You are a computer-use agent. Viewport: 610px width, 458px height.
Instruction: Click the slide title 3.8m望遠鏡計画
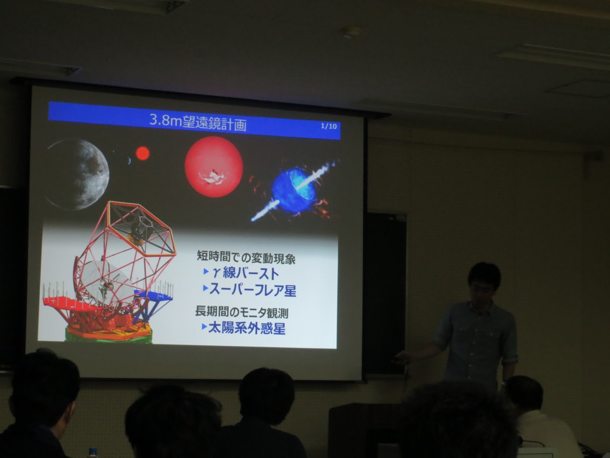[198, 122]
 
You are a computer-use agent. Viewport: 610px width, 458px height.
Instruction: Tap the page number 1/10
[329, 126]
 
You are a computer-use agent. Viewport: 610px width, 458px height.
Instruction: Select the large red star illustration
[214, 166]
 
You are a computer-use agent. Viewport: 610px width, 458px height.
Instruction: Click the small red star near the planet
[143, 153]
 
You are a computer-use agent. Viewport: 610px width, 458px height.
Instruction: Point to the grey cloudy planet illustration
[78, 174]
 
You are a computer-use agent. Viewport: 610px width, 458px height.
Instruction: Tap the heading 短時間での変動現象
[246, 257]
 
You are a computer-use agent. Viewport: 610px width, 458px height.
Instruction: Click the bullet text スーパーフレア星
[253, 290]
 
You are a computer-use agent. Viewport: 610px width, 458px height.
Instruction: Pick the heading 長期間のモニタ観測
[242, 312]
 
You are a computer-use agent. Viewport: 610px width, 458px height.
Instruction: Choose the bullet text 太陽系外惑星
[247, 328]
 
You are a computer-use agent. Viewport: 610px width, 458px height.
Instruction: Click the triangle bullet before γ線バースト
[206, 271]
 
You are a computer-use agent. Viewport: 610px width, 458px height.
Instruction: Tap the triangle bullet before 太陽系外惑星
[204, 326]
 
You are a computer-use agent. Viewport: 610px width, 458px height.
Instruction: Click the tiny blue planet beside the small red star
[129, 160]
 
